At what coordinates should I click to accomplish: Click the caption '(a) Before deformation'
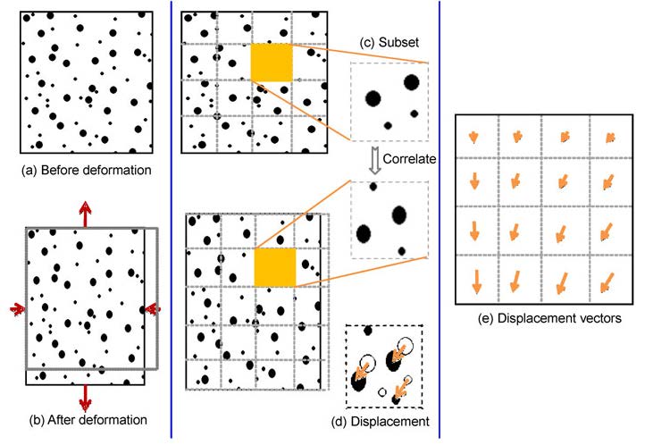click(x=87, y=171)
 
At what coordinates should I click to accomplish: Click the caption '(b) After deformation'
click(x=88, y=420)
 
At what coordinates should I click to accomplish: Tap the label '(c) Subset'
click(x=389, y=42)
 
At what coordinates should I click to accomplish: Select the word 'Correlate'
click(x=409, y=159)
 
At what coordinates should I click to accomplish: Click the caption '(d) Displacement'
click(x=380, y=422)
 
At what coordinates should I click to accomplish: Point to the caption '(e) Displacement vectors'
click(x=549, y=318)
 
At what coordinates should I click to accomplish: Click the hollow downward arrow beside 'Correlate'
click(x=374, y=161)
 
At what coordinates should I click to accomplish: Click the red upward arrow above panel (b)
click(x=85, y=214)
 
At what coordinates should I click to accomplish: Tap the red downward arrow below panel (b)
click(x=85, y=398)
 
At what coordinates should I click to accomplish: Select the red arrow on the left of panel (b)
click(x=17, y=309)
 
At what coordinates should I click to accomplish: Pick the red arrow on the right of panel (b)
click(x=153, y=309)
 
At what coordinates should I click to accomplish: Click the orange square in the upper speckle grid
click(x=272, y=63)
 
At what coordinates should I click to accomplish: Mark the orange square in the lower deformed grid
click(x=275, y=267)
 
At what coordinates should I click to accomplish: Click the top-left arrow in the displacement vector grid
click(x=473, y=138)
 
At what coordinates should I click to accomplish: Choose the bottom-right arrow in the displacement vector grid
click(x=607, y=283)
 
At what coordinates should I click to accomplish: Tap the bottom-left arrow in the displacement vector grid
click(x=476, y=281)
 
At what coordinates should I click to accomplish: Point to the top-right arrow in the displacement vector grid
click(x=610, y=138)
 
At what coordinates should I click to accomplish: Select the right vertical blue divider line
click(x=440, y=220)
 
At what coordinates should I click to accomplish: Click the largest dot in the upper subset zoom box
click(x=373, y=98)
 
